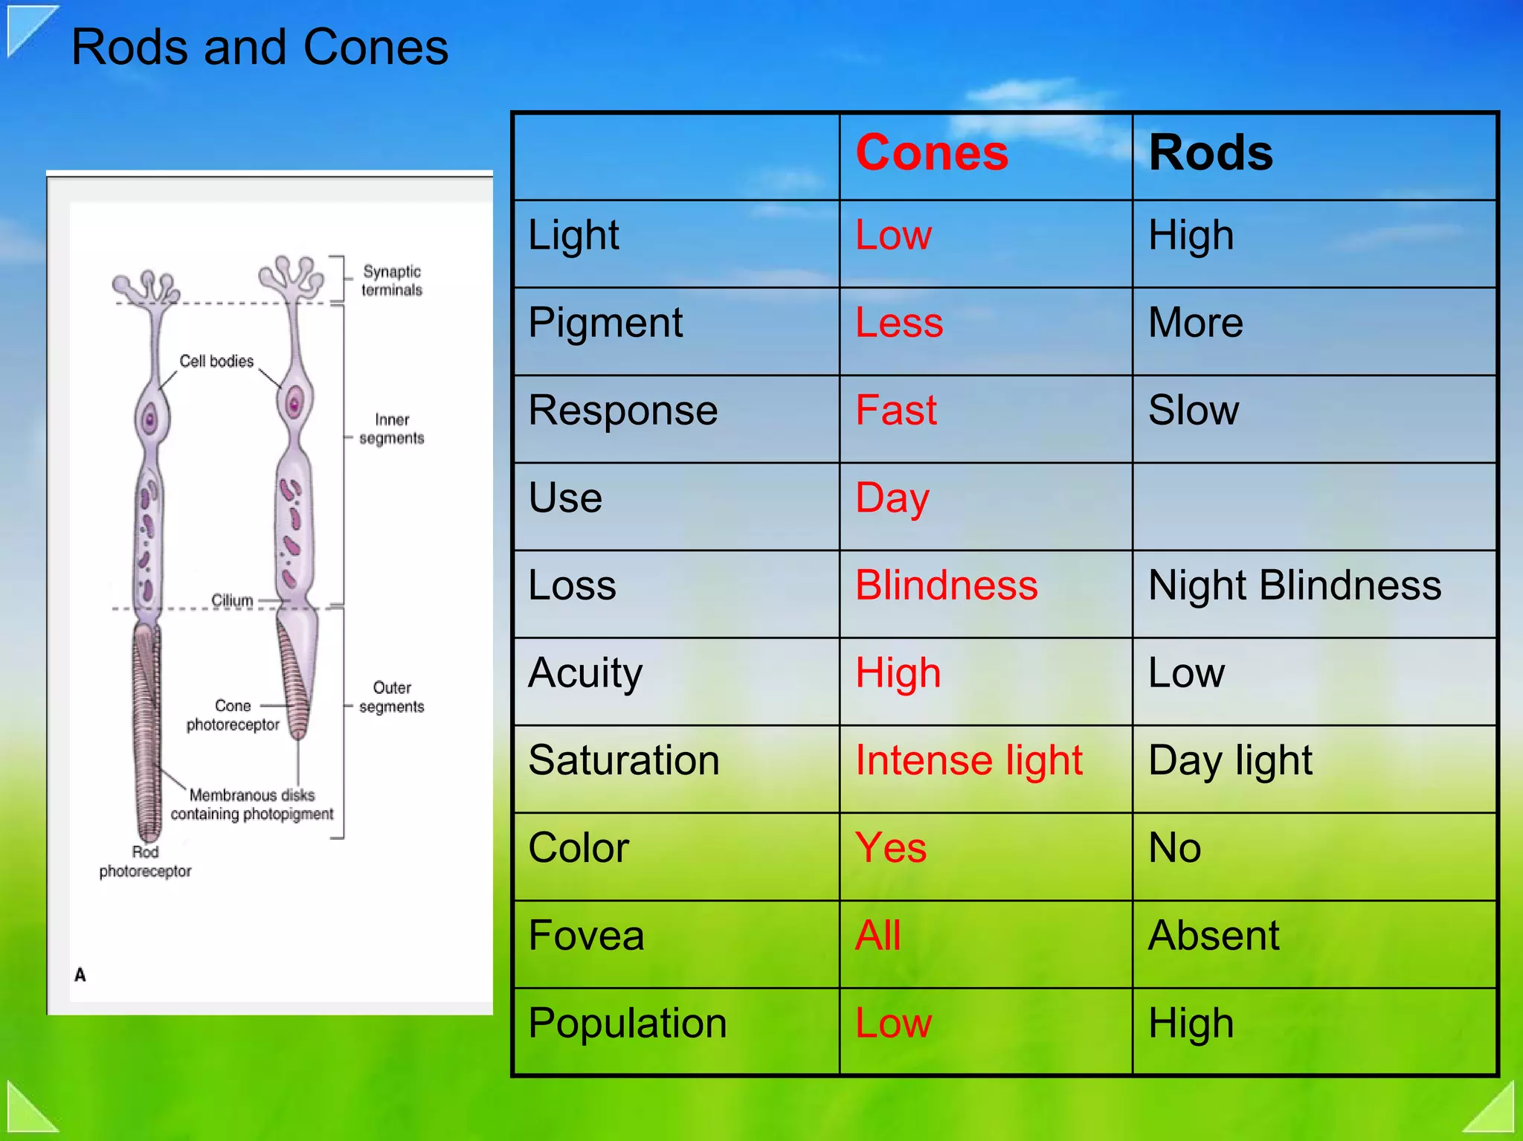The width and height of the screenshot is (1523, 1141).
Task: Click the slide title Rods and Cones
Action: click(x=260, y=48)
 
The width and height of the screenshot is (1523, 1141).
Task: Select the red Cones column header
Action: click(x=932, y=153)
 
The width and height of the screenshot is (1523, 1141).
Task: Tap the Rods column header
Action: click(x=1210, y=153)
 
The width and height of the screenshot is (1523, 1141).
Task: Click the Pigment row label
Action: click(x=605, y=324)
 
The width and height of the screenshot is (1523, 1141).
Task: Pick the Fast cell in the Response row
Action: click(x=895, y=411)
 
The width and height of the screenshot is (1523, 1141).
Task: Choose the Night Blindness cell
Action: click(x=1294, y=585)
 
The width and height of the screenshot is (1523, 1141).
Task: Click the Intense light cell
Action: click(x=968, y=761)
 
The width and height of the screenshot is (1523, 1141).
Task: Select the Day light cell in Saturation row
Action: click(x=1230, y=761)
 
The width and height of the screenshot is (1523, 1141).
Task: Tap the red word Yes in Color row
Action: click(x=890, y=848)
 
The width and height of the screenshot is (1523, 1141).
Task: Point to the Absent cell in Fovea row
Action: click(x=1213, y=936)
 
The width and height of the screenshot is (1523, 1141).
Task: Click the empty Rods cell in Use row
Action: click(x=1313, y=506)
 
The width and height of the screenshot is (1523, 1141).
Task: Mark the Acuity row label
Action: click(x=585, y=673)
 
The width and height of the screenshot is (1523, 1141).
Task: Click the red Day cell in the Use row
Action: click(x=892, y=498)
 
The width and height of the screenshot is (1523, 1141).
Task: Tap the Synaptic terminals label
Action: click(x=392, y=280)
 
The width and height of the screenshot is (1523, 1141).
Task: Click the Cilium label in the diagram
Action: click(x=232, y=600)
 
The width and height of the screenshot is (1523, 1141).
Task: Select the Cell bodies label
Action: click(x=216, y=361)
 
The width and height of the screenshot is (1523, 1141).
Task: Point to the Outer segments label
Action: click(x=392, y=697)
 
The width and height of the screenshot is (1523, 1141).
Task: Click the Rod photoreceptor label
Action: click(x=145, y=861)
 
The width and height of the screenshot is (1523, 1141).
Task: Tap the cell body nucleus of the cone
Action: click(x=294, y=405)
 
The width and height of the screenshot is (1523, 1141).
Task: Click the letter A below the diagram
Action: click(x=80, y=974)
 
